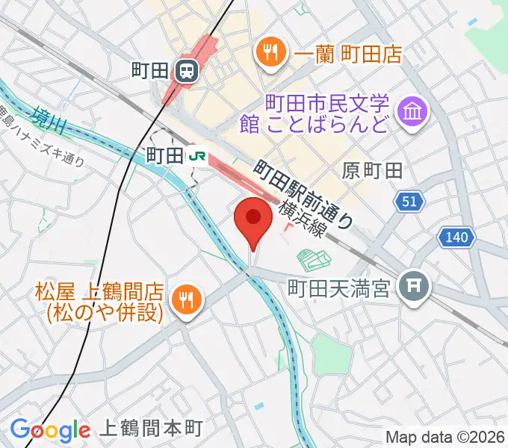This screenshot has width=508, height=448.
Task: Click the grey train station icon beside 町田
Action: tap(186, 71)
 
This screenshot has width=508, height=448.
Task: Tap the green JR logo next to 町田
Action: tap(198, 155)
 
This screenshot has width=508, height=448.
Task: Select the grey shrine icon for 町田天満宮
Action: tap(412, 285)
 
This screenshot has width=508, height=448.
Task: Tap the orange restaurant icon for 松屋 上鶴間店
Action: tap(183, 300)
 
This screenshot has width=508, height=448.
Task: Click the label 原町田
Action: tap(373, 171)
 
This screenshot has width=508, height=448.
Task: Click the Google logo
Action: tap(50, 429)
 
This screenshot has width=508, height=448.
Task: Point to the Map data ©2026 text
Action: tap(445, 437)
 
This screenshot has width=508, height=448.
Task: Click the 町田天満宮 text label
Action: tap(340, 287)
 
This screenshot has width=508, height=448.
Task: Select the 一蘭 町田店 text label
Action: tap(348, 53)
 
